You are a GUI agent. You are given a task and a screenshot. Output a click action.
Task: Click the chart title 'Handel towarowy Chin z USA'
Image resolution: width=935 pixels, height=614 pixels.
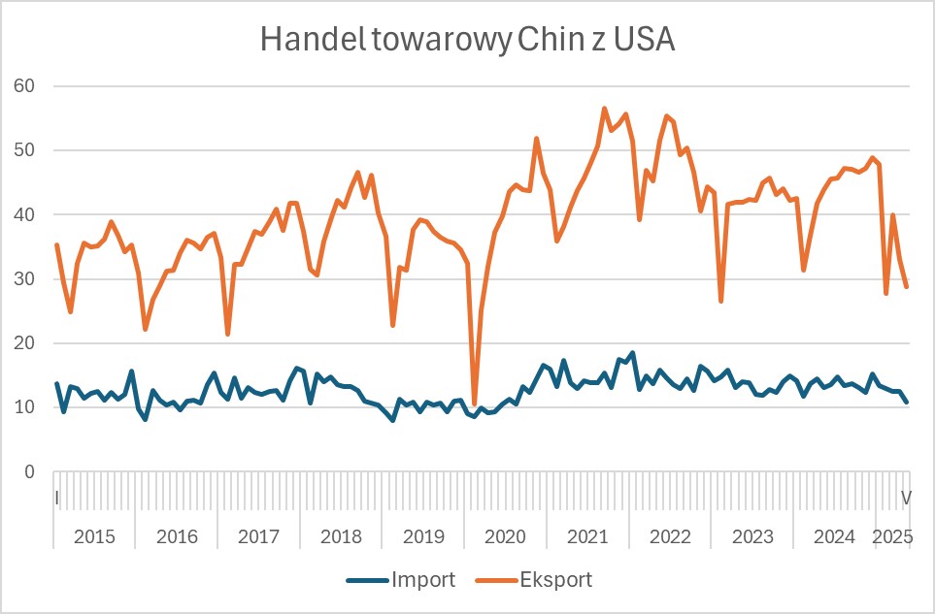(x=468, y=41)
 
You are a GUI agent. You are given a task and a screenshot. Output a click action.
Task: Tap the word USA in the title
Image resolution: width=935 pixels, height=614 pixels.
(x=645, y=41)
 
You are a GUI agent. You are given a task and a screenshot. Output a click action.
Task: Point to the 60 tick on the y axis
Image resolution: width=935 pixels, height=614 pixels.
(x=23, y=86)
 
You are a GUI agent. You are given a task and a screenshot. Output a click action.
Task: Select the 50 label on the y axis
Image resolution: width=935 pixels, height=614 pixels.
(x=23, y=150)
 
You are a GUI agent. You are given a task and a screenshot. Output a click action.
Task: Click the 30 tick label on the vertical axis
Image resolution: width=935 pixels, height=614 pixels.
(x=23, y=279)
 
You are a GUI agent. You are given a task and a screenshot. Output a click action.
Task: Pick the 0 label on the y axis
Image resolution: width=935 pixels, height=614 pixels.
(x=29, y=472)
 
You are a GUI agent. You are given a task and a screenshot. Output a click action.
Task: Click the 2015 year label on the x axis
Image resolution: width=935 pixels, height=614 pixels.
(x=94, y=536)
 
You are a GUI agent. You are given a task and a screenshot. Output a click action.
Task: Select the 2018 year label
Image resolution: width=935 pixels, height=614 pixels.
(x=341, y=536)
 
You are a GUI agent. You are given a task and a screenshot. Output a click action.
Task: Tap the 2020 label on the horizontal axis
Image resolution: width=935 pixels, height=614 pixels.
(x=505, y=536)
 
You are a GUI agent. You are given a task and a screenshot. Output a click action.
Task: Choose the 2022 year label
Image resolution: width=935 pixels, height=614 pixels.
(x=669, y=536)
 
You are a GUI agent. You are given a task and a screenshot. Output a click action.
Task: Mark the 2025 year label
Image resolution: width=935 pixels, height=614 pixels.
(x=891, y=536)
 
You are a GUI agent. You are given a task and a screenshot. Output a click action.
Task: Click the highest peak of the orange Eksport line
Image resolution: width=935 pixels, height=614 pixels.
(x=604, y=109)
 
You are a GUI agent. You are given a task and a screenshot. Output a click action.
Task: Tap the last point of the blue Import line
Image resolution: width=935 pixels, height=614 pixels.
(x=907, y=402)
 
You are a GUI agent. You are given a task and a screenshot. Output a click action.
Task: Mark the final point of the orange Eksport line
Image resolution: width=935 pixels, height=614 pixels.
(x=907, y=286)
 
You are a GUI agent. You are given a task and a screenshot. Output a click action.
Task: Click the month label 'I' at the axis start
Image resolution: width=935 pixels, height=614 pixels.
(x=57, y=498)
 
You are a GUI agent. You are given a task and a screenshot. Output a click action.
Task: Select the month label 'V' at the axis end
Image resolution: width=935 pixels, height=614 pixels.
(x=907, y=498)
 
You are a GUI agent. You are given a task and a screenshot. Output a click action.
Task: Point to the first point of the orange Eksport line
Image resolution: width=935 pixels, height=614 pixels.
(x=56, y=244)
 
